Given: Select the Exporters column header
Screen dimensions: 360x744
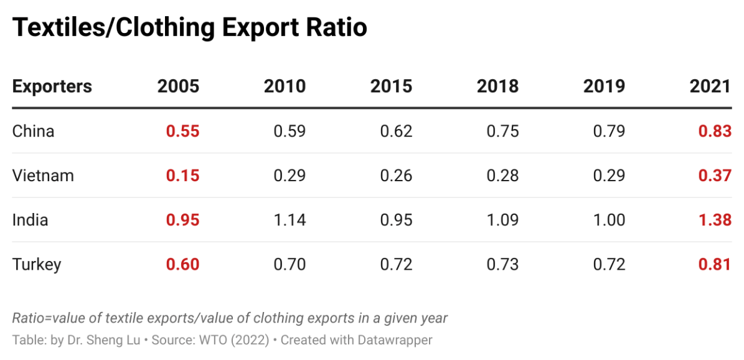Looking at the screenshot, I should point(52,86).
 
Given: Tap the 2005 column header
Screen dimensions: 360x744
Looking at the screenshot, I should point(178,86).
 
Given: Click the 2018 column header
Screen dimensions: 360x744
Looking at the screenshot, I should point(497,86).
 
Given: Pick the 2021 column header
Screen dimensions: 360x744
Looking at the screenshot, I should point(710,86).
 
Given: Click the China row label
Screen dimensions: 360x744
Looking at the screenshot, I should point(33,131).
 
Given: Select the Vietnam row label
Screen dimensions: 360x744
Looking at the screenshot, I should point(43,176).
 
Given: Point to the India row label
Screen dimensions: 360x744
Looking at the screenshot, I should point(30,220).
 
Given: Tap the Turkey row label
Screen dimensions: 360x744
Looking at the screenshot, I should point(37,265).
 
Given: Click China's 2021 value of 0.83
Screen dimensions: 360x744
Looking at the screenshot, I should point(714,131).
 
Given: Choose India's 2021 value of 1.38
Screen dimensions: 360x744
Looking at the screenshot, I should point(714,220).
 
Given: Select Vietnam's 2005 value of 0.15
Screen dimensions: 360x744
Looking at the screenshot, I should point(182,176).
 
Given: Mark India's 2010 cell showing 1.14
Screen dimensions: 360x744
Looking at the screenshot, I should point(290,220).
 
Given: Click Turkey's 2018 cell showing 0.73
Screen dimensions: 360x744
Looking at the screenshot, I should point(502,265).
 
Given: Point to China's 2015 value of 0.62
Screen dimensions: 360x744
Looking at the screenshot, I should point(396,131).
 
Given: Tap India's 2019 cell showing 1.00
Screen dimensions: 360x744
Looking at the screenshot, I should point(608,220).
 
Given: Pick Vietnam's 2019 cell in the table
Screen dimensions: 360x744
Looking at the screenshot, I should point(608,176).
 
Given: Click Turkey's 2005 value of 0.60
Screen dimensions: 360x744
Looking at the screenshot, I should point(182,265).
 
